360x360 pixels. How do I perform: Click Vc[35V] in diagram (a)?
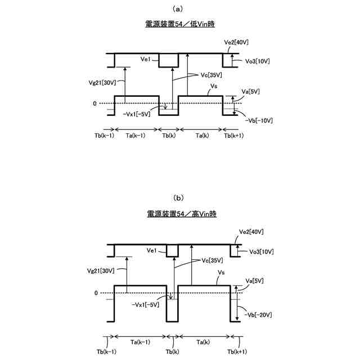[211, 75]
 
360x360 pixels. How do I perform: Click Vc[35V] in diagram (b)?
[211, 260]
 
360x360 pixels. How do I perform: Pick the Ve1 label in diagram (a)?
[148, 58]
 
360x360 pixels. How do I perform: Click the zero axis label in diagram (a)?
[95, 103]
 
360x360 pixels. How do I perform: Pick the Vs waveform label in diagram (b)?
[222, 272]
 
